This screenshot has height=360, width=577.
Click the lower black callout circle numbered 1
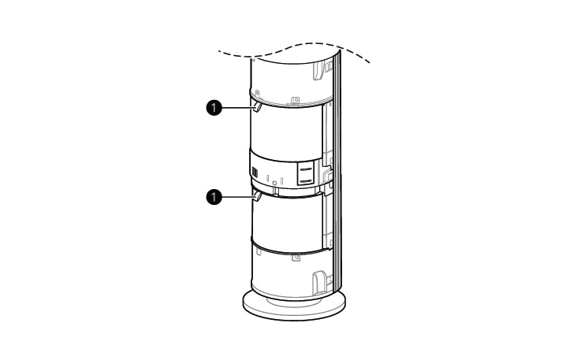click(210, 197)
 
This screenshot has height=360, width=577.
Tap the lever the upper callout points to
click(257, 107)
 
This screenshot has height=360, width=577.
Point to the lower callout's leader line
click(234, 197)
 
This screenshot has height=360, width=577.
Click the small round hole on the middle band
click(274, 183)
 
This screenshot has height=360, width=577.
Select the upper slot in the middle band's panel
click(306, 167)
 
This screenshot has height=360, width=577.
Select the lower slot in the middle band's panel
click(306, 180)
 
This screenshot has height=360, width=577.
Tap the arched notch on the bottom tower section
click(318, 279)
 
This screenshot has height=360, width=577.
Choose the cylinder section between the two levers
click(288, 130)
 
